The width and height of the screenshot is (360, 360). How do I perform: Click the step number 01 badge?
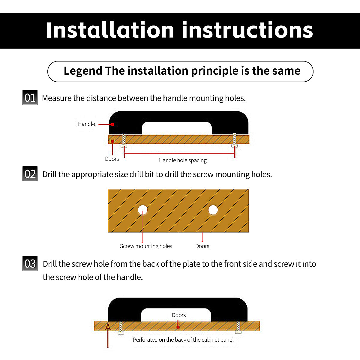click(x=30, y=97)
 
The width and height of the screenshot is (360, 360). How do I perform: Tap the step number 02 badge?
click(x=30, y=174)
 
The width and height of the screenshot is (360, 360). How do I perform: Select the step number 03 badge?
click(x=30, y=263)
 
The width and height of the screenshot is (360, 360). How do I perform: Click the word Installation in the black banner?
click(x=110, y=30)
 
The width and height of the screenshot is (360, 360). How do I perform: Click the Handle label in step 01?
click(x=86, y=124)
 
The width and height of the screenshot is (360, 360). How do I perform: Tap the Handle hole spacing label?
click(x=183, y=160)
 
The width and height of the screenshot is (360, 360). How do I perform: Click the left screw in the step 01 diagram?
click(x=124, y=140)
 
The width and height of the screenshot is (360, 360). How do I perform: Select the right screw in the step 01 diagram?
click(x=235, y=140)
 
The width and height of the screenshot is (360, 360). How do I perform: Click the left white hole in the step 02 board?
click(x=142, y=210)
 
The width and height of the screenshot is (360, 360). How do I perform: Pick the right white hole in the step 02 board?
click(x=213, y=210)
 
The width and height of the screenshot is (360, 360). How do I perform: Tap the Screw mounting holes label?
click(x=146, y=246)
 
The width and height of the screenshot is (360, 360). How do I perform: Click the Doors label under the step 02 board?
click(x=202, y=246)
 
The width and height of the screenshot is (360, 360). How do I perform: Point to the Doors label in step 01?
click(x=112, y=159)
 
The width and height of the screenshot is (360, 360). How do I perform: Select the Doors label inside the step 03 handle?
click(x=179, y=315)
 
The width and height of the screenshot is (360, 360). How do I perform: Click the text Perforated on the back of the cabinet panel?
click(x=183, y=340)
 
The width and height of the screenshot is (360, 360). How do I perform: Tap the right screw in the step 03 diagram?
click(x=238, y=327)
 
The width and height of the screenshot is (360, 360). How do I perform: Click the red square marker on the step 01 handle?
click(x=112, y=124)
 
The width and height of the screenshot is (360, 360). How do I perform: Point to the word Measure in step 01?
click(x=57, y=98)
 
